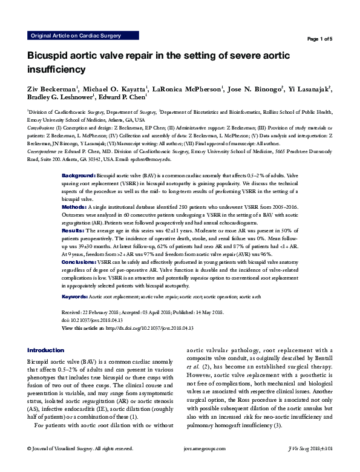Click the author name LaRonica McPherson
coord(185,90)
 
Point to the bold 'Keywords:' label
coord(75,297)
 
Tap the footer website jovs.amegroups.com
coord(206,465)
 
